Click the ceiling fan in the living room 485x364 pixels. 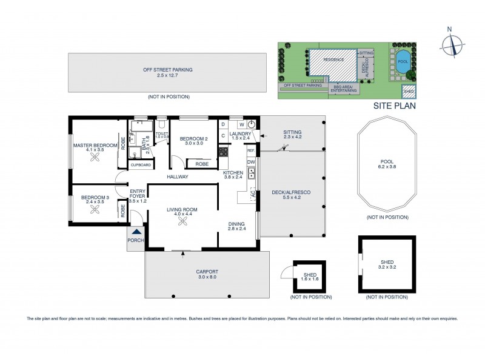[182, 222]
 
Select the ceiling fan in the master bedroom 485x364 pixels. [95, 158]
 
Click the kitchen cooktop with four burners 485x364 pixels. [223, 152]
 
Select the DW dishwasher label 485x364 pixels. [251, 162]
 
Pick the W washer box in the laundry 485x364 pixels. [241, 125]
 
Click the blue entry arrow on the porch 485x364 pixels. [136, 231]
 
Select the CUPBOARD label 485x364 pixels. [141, 164]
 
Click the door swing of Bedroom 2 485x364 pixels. [176, 162]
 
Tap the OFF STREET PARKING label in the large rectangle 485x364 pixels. [168, 70]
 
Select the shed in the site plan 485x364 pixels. [409, 91]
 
